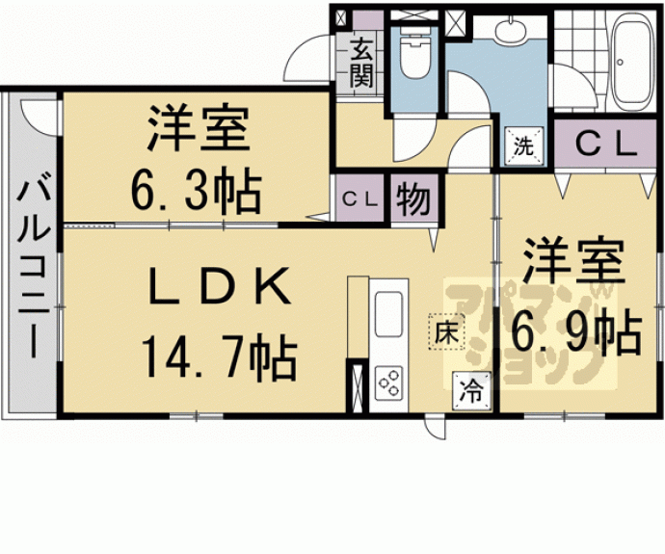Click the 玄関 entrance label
pyautogui.click(x=361, y=62)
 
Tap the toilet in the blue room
pyautogui.click(x=415, y=53)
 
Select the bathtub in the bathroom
pyautogui.click(x=631, y=60)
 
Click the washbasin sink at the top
pyautogui.click(x=511, y=31)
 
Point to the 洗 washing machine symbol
pyautogui.click(x=523, y=146)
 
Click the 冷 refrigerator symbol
pyautogui.click(x=471, y=391)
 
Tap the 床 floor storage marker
pyautogui.click(x=446, y=331)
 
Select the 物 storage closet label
pyautogui.click(x=413, y=198)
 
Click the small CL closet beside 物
pyautogui.click(x=360, y=198)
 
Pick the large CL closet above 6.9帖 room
pyautogui.click(x=605, y=145)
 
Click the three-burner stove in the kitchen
pyautogui.click(x=389, y=383)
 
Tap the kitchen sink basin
pyautogui.click(x=388, y=314)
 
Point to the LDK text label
pyautogui.click(x=219, y=286)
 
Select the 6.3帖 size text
pyautogui.click(x=196, y=190)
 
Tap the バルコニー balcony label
pyautogui.click(x=34, y=270)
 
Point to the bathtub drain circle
pyautogui.click(x=620, y=63)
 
